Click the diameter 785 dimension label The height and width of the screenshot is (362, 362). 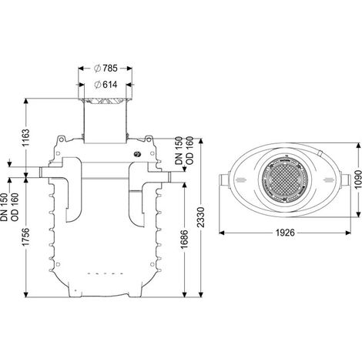click(x=106, y=69)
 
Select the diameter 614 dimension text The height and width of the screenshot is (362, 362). click(x=106, y=85)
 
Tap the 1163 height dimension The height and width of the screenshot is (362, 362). click(x=26, y=138)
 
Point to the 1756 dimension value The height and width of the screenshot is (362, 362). click(x=26, y=236)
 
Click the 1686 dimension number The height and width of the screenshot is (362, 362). click(x=184, y=240)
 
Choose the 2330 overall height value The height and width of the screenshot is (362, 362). click(x=201, y=217)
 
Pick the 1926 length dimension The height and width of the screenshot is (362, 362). click(x=285, y=233)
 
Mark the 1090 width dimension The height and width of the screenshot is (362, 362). click(x=358, y=179)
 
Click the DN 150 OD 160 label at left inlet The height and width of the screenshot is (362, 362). click(x=10, y=207)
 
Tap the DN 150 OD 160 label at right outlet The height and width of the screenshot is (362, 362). click(x=184, y=150)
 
